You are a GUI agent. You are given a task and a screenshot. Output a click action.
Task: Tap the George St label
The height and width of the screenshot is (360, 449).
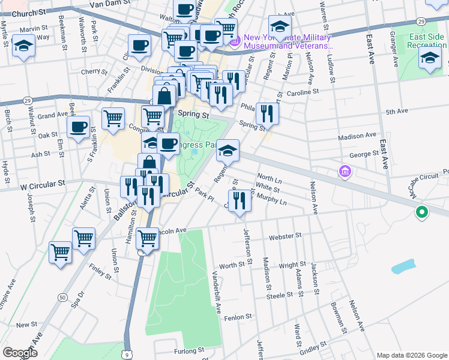tap(364, 154)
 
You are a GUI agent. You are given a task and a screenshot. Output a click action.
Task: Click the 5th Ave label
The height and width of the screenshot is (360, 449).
tap(397, 112)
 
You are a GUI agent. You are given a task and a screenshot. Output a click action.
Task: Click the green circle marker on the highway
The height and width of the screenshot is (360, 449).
tap(422, 212)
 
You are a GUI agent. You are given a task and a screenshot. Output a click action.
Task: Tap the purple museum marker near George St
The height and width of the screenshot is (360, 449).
tap(345, 173)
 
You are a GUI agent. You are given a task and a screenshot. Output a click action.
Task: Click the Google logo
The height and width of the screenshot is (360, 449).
tap(20, 353)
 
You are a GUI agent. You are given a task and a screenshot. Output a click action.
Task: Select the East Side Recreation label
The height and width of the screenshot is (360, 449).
tap(427, 41)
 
